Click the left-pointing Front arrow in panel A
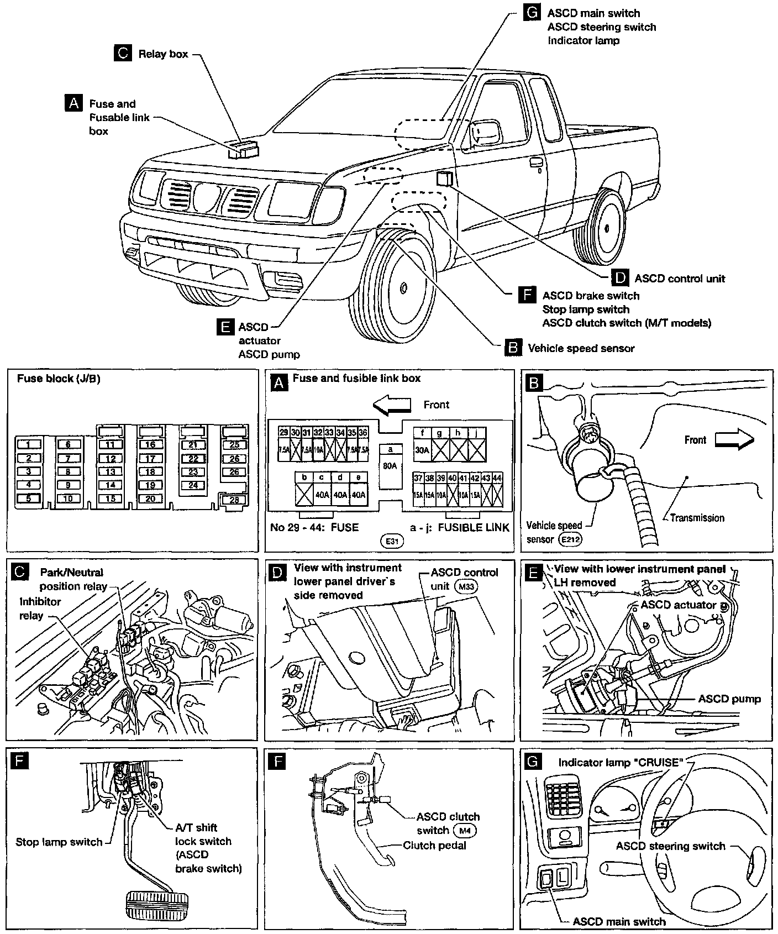[392, 406]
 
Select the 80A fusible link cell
[390, 465]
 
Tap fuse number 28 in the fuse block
[234, 500]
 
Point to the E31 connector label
[392, 541]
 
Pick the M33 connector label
[465, 586]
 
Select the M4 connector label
[464, 830]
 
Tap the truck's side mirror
[485, 133]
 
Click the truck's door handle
[535, 162]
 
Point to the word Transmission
[697, 518]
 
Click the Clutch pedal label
[434, 846]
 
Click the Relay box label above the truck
[163, 54]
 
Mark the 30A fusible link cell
[422, 450]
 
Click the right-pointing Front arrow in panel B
[734, 440]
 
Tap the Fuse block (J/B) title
[59, 379]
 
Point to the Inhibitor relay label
[40, 608]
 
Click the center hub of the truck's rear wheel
[607, 227]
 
